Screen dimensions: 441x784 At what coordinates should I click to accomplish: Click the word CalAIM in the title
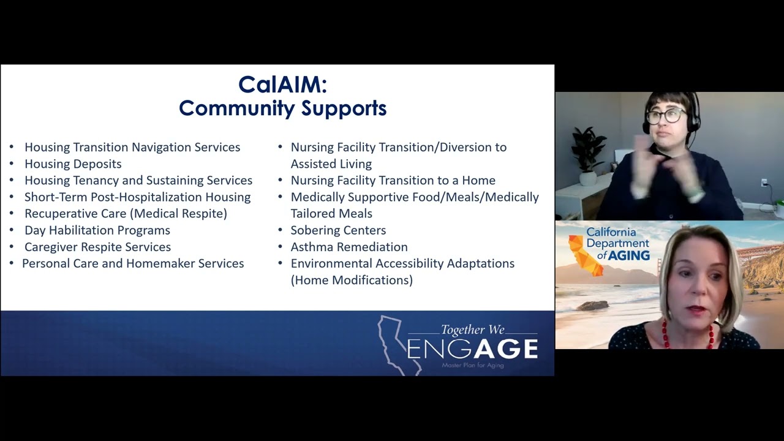[x=279, y=85]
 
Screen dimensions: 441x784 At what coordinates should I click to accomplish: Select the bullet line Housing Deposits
[x=73, y=164]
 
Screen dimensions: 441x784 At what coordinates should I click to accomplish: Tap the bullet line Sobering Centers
[x=338, y=230]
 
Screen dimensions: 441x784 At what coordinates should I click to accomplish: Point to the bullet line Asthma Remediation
[x=349, y=247]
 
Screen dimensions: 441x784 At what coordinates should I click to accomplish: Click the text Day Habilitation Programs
[x=97, y=230]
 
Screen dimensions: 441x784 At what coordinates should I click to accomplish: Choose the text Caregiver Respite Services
[x=97, y=247]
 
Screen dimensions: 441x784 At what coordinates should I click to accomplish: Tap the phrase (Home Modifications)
[x=352, y=280]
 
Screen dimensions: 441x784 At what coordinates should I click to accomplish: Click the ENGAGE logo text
[x=472, y=349]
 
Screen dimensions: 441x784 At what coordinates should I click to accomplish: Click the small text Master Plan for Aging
[x=473, y=365]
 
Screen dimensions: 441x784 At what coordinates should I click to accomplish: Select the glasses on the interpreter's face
[x=666, y=115]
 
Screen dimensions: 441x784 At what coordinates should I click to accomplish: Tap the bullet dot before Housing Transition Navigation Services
[x=12, y=148]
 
